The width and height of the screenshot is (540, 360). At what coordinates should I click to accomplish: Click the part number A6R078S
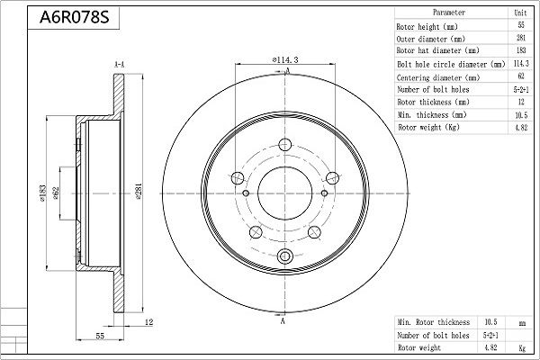click(74, 17)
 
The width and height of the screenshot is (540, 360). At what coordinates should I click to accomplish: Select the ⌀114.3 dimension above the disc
click(285, 60)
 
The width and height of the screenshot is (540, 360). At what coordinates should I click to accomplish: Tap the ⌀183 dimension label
click(42, 193)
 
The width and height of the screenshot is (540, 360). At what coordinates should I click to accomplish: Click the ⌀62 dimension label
click(56, 193)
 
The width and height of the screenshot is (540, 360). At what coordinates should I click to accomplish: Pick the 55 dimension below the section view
click(100, 336)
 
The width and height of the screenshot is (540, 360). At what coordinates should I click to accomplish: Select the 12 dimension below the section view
click(148, 322)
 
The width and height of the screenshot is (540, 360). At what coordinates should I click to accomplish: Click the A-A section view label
click(119, 65)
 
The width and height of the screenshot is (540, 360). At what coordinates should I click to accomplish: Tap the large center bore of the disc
click(285, 193)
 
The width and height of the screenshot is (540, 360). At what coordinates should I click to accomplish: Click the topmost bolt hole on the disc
click(284, 145)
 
